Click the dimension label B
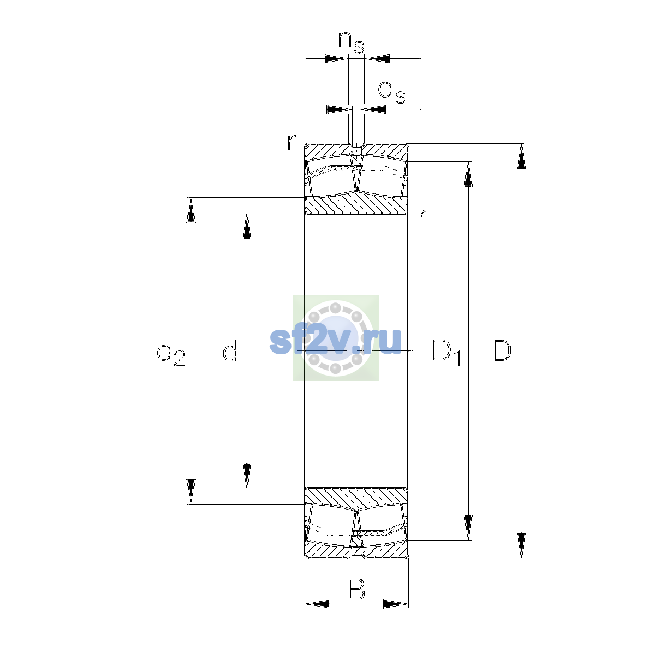[356, 590]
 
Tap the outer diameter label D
[501, 350]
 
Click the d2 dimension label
[171, 353]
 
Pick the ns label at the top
[352, 43]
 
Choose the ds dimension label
[392, 90]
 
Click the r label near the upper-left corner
[291, 143]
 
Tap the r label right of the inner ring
[422, 216]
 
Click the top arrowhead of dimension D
[522, 156]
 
